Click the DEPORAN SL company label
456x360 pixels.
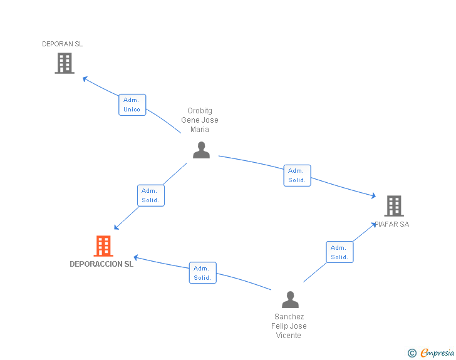pyautogui.click(x=62, y=44)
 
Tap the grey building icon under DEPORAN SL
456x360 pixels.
pyautogui.click(x=65, y=63)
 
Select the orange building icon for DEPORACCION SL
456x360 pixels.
pyautogui.click(x=103, y=245)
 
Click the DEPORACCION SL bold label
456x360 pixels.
pyautogui.click(x=101, y=264)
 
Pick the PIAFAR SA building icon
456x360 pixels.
pyautogui.click(x=394, y=206)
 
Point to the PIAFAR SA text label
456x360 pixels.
pyautogui.click(x=391, y=224)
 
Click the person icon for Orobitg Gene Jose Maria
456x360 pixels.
pyautogui.click(x=201, y=150)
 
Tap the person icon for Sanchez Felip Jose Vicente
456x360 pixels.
pyautogui.click(x=290, y=299)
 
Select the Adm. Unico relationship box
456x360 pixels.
pyautogui.click(x=132, y=105)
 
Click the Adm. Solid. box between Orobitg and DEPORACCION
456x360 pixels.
pyautogui.click(x=151, y=195)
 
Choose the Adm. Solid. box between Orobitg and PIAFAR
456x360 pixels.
pyautogui.click(x=297, y=176)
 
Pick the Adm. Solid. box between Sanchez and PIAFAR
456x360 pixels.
pyautogui.click(x=339, y=252)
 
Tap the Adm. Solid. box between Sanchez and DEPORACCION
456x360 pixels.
pyautogui.click(x=203, y=273)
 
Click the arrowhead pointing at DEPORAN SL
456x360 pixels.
pyautogui.click(x=85, y=79)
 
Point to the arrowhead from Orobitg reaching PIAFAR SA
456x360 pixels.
pyautogui.click(x=373, y=196)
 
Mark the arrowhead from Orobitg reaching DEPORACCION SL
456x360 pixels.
pyautogui.click(x=117, y=227)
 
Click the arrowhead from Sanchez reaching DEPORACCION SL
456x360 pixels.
pyautogui.click(x=136, y=258)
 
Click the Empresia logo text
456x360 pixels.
pyautogui.click(x=437, y=352)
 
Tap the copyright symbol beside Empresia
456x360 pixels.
pyautogui.click(x=412, y=353)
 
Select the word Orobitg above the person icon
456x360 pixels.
pyautogui.click(x=200, y=111)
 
